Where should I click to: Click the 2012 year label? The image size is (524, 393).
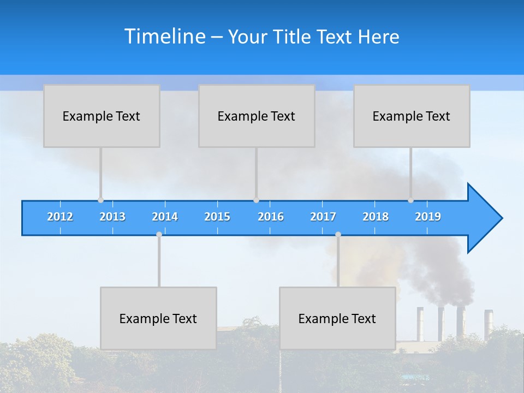tap(60, 217)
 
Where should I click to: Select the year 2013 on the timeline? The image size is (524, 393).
tap(112, 217)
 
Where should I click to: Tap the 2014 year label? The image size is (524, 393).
tap(165, 217)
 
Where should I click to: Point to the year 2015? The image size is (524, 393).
tap(217, 217)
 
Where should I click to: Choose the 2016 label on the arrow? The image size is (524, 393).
tap(271, 217)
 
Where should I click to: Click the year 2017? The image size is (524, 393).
tap(323, 217)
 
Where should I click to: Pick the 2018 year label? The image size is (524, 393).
tap(376, 217)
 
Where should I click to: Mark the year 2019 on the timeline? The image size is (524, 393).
tap(428, 217)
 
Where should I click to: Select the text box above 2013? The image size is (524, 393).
tap(102, 116)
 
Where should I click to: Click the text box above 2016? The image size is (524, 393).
tap(257, 116)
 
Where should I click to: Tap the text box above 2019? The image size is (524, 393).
tap(412, 116)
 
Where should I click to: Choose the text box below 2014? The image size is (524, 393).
tap(158, 318)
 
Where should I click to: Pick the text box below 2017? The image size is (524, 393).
tap(337, 318)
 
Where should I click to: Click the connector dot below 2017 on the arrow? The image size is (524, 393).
tap(338, 234)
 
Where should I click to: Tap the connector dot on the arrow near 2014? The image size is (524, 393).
tap(159, 234)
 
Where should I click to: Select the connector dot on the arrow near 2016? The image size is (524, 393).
tap(256, 200)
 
